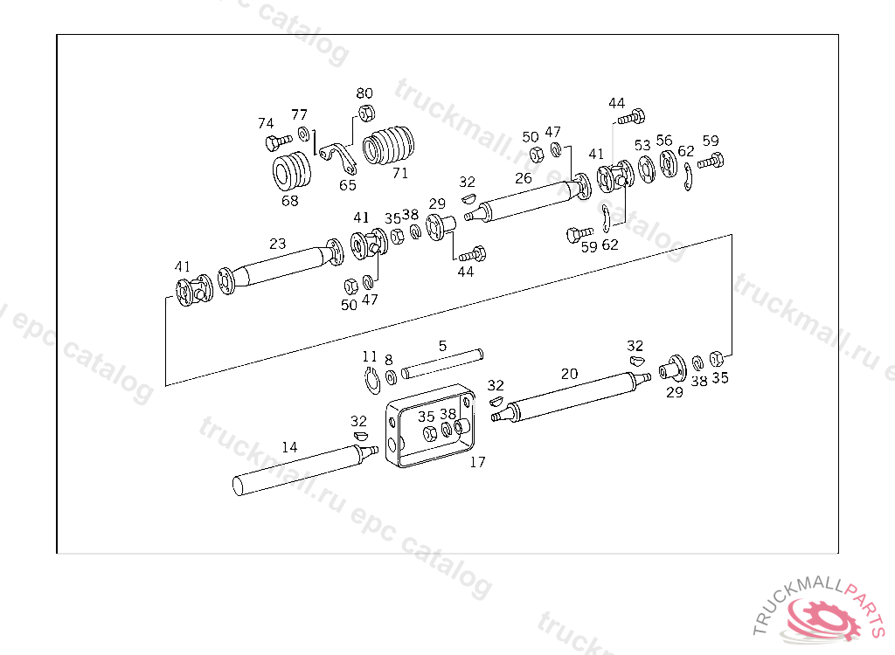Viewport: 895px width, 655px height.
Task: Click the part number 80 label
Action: (364, 93)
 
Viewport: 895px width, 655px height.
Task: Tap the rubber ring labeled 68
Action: (292, 170)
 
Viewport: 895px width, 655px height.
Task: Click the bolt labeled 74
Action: (278, 141)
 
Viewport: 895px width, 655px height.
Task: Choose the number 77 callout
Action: (299, 114)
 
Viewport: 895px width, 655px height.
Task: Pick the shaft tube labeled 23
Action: (281, 265)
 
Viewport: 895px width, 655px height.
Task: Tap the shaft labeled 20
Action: (571, 397)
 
